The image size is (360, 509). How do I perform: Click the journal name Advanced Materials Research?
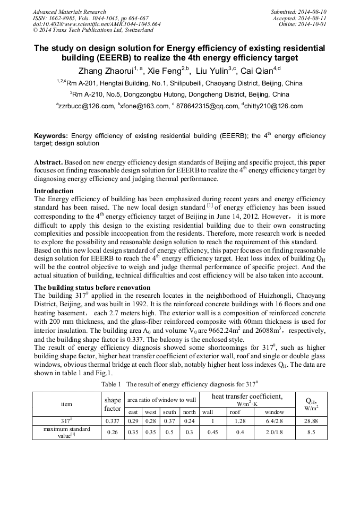coord(69,12)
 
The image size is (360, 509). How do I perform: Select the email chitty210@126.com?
coord(274,106)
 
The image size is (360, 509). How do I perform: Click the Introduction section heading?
coord(54,191)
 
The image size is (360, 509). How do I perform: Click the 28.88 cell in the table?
coord(311,420)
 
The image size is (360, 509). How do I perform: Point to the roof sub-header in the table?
coord(235,412)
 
